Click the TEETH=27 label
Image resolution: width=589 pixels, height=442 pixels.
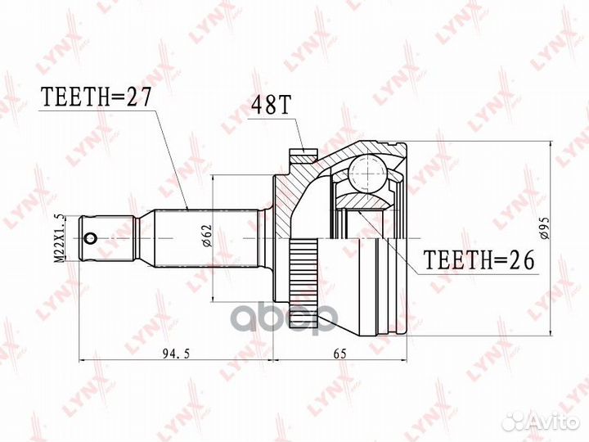click(96, 97)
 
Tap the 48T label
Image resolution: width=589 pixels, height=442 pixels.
click(271, 106)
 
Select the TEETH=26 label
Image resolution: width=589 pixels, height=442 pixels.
click(479, 259)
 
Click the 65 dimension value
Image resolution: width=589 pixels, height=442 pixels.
click(340, 353)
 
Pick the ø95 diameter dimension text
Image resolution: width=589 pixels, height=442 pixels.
click(545, 228)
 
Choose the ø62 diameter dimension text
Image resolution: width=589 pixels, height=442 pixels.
click(207, 236)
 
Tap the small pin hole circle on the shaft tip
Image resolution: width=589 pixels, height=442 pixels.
click(91, 238)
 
